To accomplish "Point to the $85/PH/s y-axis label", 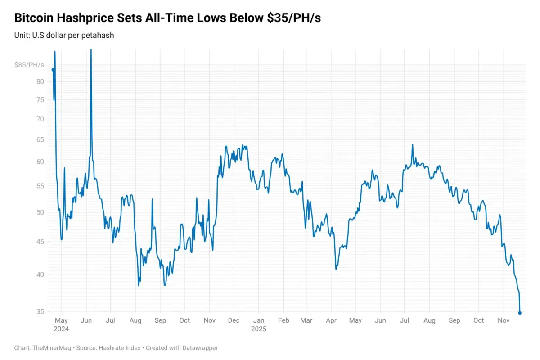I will pos(29,65).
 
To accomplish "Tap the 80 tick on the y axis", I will pos(40,81).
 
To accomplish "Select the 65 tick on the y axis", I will pos(40,139).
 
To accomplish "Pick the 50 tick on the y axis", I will pos(40,212).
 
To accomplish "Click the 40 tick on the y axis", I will pos(40,274).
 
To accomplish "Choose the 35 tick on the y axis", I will pos(40,311).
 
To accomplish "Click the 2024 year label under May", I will pos(61,329).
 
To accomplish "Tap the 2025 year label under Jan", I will pos(259,329).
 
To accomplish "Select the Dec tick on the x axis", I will pos(234,320).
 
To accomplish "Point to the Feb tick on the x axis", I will pos(283,320).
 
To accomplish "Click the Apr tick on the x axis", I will pos(331,320).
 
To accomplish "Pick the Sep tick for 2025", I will pos(454,320).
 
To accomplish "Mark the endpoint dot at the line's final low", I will pos(520,313).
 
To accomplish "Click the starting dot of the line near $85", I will pos(53,70).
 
